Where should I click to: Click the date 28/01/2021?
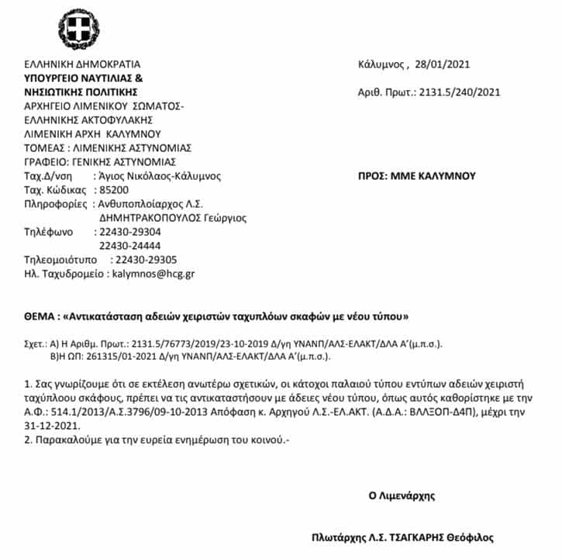point(443,64)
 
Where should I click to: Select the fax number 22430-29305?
point(145,259)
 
